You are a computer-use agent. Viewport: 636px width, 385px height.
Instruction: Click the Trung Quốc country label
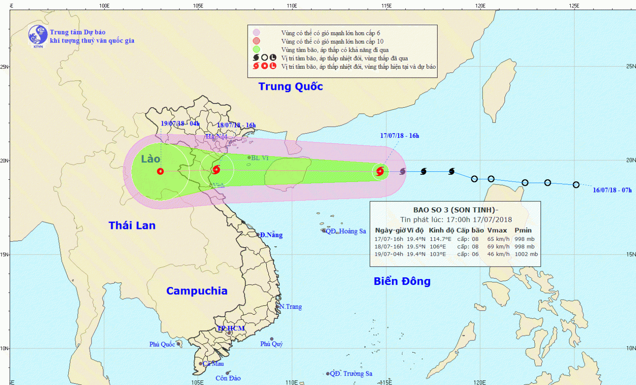pos(290,86)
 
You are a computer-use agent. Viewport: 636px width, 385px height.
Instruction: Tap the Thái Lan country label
pos(132,226)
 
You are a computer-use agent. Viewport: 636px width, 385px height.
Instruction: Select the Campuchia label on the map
pos(197,291)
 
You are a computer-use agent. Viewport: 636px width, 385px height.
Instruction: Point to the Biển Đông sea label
pos(402,281)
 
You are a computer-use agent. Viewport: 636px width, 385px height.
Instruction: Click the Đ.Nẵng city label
pos(271,235)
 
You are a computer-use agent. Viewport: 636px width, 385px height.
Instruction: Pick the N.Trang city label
pos(290,307)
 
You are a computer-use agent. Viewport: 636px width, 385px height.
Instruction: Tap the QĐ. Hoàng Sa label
pos(346,231)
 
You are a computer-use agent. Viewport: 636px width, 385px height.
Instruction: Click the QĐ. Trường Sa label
pos(351,374)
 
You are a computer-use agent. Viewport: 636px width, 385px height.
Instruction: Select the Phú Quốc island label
pos(162,344)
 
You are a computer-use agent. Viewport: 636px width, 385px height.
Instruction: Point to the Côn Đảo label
pos(228,378)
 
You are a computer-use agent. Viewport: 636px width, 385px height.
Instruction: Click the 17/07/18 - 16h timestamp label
pos(399,136)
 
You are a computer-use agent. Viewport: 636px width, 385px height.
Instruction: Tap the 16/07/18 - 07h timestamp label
pos(612,190)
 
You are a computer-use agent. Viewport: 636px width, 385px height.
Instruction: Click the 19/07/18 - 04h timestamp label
pos(180,123)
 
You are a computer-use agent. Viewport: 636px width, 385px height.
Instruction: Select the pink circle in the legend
pos(257,33)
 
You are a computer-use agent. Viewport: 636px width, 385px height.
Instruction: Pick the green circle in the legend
pos(257,50)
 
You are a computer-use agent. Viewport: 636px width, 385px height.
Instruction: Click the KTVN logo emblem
pos(38,35)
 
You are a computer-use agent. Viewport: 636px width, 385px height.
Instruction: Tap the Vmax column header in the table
pos(497,230)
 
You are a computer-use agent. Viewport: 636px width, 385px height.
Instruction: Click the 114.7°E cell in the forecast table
pos(441,239)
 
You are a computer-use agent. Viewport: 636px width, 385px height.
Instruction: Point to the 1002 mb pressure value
pos(526,254)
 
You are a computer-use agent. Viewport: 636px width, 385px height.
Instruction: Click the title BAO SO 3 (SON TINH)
pos(455,210)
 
